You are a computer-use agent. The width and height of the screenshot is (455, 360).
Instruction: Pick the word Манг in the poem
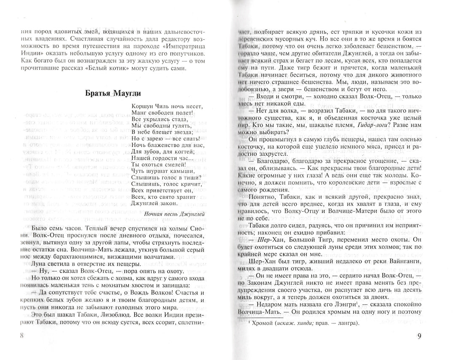[139, 115]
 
